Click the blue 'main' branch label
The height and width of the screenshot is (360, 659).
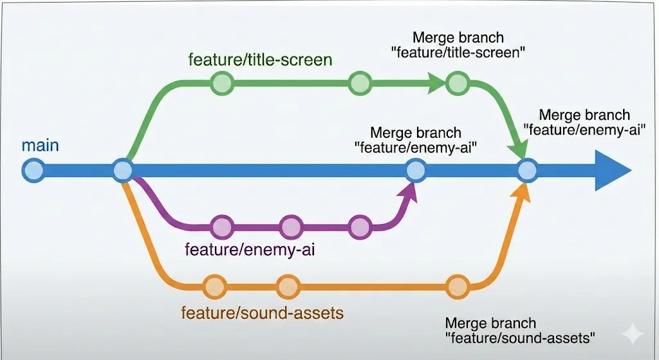tap(40, 146)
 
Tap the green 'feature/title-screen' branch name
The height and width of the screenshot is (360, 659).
tap(260, 60)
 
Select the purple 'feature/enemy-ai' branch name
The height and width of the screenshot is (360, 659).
tap(250, 249)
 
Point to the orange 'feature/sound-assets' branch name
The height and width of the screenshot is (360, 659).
tap(263, 313)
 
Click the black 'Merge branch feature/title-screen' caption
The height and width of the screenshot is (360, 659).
tap(458, 45)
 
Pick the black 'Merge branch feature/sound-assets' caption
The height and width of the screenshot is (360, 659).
tap(520, 330)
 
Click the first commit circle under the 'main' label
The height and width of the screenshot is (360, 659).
tap(33, 170)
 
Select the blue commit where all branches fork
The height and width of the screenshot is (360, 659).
tap(123, 170)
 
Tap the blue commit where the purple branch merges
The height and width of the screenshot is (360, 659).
tap(416, 170)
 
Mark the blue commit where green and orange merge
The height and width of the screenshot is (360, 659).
tap(527, 170)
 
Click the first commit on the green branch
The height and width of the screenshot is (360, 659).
tap(222, 83)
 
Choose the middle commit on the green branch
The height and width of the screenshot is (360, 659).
tap(360, 83)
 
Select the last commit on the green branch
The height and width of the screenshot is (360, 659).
tap(458, 83)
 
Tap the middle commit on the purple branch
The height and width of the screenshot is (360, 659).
tap(291, 227)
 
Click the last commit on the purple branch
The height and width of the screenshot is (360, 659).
tap(360, 227)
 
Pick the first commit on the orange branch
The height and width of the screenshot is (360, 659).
tap(215, 287)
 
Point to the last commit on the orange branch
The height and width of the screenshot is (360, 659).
tap(458, 287)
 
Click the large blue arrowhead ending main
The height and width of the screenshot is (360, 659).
tap(609, 170)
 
